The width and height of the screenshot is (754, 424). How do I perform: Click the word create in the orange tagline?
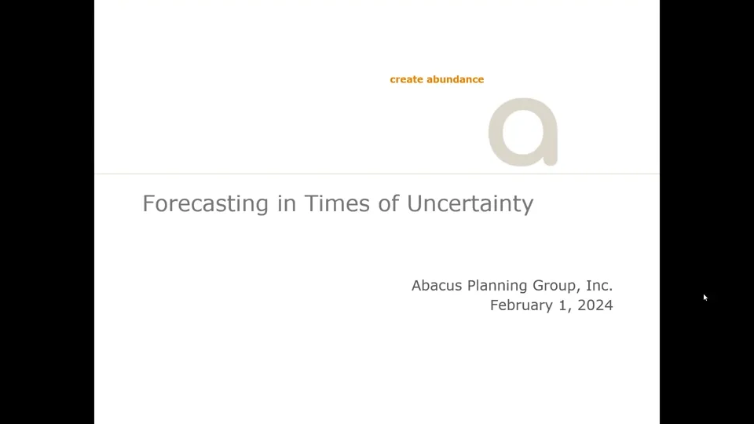coord(406,79)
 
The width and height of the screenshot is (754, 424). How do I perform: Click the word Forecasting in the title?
coord(206,204)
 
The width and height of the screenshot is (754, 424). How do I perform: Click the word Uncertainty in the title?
coord(470,204)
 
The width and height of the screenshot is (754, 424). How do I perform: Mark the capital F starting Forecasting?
coord(148,204)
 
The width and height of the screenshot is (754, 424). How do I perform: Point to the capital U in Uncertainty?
coord(415,204)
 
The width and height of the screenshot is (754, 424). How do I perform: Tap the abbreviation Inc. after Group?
coord(599,286)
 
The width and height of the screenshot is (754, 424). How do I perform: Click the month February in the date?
coord(522,305)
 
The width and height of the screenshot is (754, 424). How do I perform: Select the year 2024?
coord(595,305)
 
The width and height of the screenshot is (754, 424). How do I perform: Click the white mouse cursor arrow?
coord(705,298)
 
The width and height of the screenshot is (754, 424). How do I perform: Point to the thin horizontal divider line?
coord(314,174)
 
